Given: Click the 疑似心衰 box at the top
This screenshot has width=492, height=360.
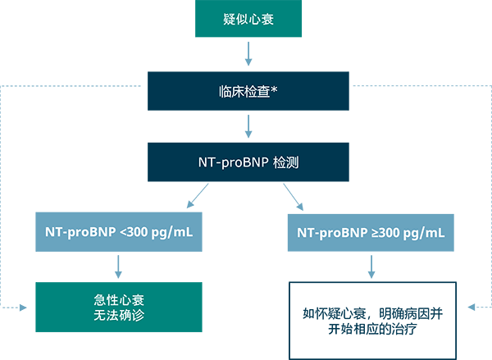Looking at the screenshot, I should [x=248, y=18].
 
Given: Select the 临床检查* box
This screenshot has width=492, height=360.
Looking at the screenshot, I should [x=248, y=90].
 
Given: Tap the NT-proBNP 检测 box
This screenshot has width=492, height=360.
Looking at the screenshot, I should [x=248, y=162].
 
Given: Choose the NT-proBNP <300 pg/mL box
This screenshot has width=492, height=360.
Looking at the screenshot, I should [x=119, y=233].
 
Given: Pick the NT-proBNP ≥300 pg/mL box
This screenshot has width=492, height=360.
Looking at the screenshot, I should [x=371, y=233].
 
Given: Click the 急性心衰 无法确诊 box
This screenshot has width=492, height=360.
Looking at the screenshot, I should [x=119, y=307].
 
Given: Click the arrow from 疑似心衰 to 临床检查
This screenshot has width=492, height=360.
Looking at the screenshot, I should [x=248, y=53].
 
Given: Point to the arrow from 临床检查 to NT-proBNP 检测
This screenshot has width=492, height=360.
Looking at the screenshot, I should [x=248, y=125].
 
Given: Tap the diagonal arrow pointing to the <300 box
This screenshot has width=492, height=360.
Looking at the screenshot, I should [x=198, y=197].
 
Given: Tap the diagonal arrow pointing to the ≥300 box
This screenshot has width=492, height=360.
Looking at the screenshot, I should [x=294, y=197].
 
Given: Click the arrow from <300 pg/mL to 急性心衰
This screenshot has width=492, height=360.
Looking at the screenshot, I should [x=119, y=266].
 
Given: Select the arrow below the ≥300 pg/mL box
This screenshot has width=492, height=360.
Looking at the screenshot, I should [x=371, y=266].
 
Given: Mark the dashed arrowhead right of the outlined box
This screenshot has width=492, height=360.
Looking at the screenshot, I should [x=470, y=308].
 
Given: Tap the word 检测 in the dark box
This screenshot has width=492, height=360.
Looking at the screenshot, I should [x=286, y=162].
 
